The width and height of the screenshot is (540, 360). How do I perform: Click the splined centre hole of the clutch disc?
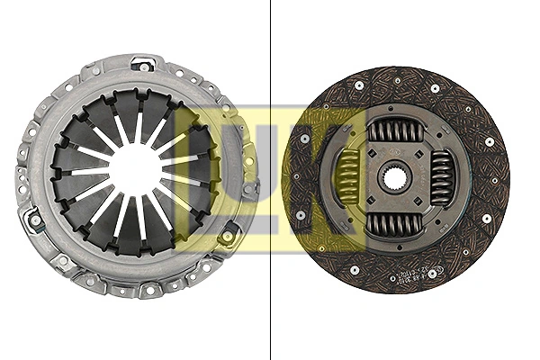tap(395, 176)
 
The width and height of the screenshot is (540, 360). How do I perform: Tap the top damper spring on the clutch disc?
tap(395, 131)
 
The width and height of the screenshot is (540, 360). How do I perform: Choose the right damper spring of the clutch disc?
tap(441, 176)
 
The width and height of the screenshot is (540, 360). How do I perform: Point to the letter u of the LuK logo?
tap(270, 171)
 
